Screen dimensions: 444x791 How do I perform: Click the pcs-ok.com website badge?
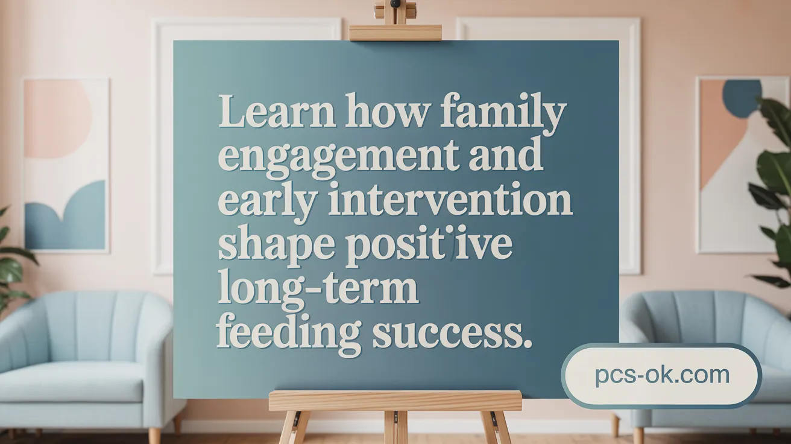pyautogui.click(x=661, y=375)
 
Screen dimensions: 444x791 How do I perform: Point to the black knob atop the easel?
pyautogui.click(x=395, y=4)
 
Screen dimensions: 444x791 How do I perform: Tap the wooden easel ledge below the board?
pyautogui.click(x=395, y=401)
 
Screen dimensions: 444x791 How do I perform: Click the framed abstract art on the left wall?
pyautogui.click(x=66, y=165)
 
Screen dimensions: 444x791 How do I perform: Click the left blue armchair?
pyautogui.click(x=84, y=362)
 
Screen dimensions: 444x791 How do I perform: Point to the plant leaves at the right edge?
pyautogui.click(x=775, y=181)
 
